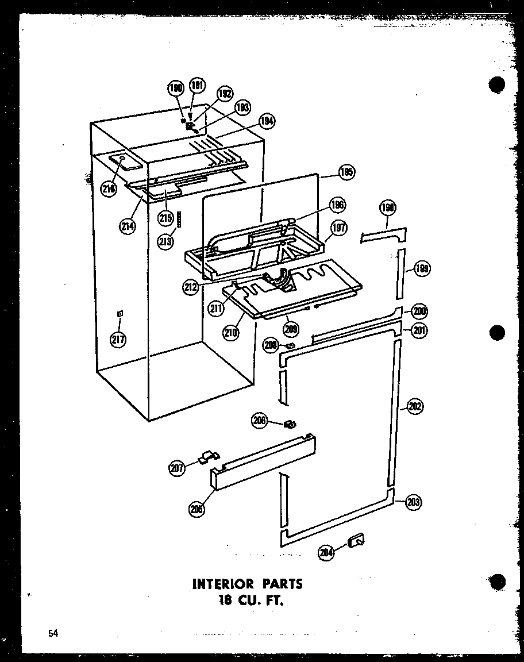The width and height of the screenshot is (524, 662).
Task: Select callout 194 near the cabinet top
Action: (x=267, y=121)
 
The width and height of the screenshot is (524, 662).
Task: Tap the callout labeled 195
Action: (x=346, y=171)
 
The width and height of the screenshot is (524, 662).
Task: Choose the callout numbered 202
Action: (x=415, y=406)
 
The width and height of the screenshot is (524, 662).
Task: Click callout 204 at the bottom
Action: (x=326, y=552)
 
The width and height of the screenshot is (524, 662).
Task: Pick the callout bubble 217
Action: (x=118, y=338)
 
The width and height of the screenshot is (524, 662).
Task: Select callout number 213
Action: (x=165, y=241)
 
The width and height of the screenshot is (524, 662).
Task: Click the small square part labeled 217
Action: (x=120, y=313)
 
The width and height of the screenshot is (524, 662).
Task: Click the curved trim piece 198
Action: (x=384, y=234)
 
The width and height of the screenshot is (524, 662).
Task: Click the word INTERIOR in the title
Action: (x=222, y=584)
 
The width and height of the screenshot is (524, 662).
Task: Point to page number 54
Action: (x=53, y=633)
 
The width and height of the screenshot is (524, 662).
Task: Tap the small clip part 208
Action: (x=291, y=345)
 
